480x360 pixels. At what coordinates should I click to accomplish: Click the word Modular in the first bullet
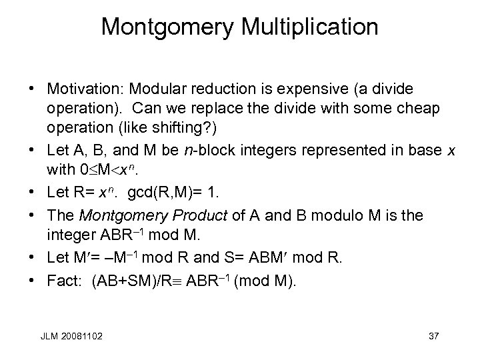click(x=156, y=89)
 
